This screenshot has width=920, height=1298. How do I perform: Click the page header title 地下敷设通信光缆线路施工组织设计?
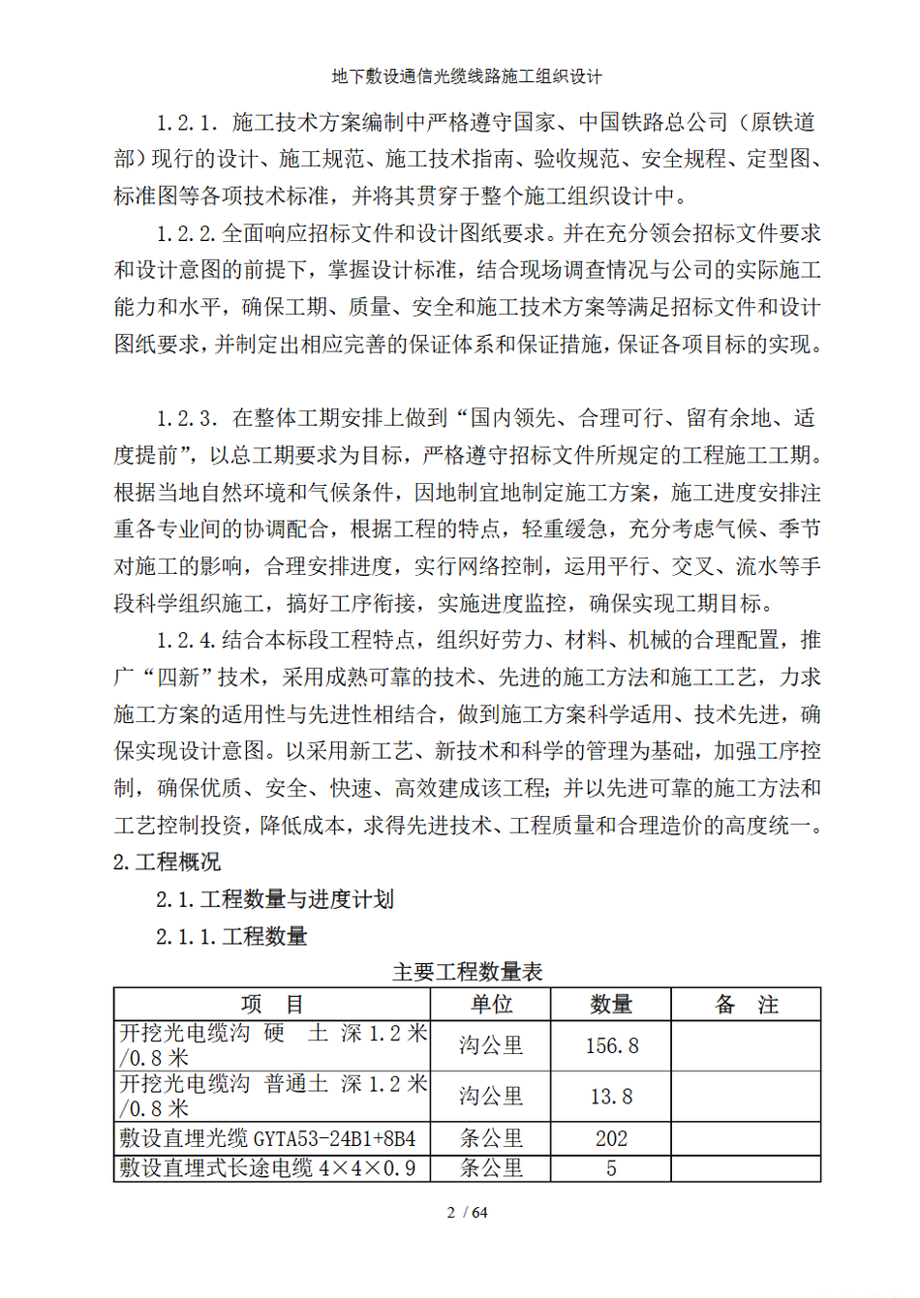pos(467,76)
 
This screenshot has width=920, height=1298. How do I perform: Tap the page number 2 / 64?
pos(467,1213)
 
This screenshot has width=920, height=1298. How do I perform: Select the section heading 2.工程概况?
pos(167,862)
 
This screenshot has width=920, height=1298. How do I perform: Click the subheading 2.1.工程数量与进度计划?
pos(275,900)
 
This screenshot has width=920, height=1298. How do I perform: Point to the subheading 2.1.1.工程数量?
pos(231,937)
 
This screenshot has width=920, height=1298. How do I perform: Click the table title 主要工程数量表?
pos(467,972)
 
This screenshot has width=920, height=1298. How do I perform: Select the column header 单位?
pos(491,1005)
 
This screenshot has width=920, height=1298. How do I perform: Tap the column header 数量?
pos(611,1005)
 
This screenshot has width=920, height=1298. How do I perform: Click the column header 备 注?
pos(746,1005)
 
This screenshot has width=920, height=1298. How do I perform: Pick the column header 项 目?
pos(272,1005)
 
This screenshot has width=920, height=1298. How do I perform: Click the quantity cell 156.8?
pos(612,1046)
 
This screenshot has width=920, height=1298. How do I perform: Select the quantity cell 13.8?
pos(611,1097)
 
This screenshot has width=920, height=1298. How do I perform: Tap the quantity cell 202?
pos(611,1139)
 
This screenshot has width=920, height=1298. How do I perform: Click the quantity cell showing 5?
pos(611,1169)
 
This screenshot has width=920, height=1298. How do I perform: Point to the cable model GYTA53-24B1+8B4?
pos(334,1139)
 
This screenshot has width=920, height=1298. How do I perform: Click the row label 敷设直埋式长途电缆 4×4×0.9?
pos(267,1169)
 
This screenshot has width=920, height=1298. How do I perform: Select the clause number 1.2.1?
pos(188,123)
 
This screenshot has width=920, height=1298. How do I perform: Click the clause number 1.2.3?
pos(188,419)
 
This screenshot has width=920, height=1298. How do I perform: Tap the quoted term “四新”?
pos(178,678)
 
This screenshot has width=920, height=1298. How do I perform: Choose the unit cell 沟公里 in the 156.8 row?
pos(491,1046)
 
